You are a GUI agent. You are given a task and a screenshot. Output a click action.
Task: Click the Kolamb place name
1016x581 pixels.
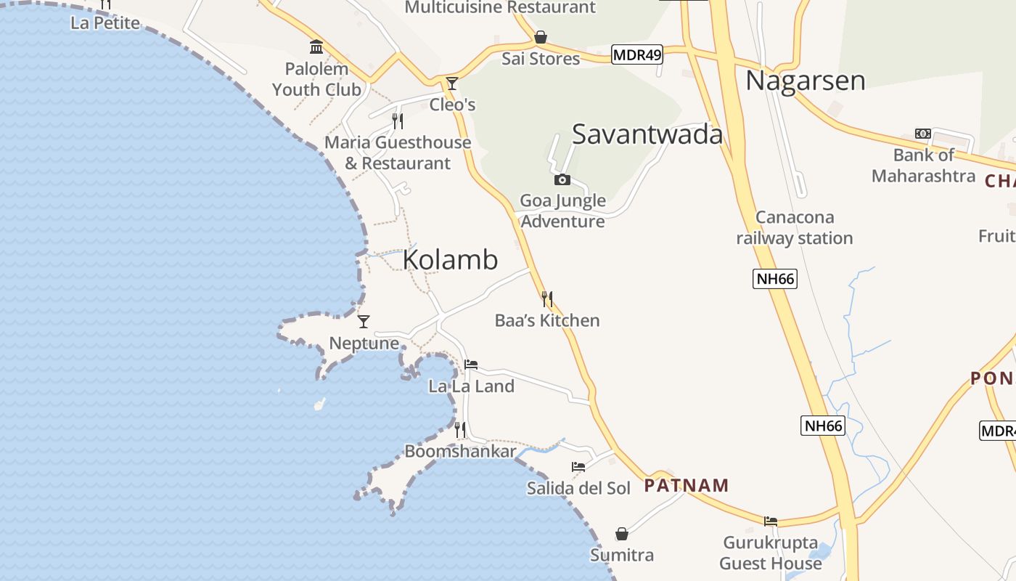click(450, 259)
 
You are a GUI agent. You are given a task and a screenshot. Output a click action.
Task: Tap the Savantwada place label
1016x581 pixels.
click(647, 134)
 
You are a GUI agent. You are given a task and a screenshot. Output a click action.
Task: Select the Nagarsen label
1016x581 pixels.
click(805, 80)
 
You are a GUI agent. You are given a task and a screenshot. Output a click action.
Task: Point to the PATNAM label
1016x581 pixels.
click(686, 485)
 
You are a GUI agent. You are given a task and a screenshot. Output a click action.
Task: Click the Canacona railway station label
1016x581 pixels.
click(795, 227)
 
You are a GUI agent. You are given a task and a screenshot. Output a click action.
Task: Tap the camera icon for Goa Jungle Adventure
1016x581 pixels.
click(562, 179)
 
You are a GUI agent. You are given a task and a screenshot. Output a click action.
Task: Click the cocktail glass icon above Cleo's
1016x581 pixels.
click(452, 83)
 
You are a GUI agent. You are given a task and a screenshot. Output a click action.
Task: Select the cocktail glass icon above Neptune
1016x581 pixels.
click(364, 321)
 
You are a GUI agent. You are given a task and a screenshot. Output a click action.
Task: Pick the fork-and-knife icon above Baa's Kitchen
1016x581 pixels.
click(547, 298)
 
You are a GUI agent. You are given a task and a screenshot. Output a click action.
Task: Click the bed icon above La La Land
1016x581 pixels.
click(471, 365)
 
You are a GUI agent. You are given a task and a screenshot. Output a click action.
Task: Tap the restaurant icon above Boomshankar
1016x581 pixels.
click(460, 430)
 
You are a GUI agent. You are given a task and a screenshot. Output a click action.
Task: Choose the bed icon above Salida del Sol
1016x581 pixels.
click(578, 466)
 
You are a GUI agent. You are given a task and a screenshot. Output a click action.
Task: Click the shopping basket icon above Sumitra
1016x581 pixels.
click(622, 534)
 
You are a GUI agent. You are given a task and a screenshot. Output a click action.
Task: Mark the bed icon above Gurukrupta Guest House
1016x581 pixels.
click(771, 521)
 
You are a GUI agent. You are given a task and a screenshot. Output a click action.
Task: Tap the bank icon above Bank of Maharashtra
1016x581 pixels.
click(923, 134)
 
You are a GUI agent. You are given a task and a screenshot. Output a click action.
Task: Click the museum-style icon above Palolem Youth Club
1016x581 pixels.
click(316, 47)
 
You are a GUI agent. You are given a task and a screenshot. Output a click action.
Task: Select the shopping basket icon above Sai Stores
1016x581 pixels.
click(541, 37)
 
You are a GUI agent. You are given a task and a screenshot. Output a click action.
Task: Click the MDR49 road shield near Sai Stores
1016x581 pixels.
click(637, 54)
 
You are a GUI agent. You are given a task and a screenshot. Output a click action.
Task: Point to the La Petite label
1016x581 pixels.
click(105, 23)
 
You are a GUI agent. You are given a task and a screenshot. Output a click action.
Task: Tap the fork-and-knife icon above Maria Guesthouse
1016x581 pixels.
click(398, 121)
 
